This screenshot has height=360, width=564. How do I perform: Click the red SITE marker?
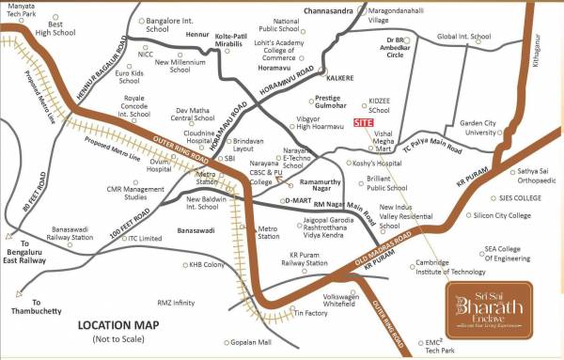[363, 123]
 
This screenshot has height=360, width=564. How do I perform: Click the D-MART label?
[298, 199]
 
